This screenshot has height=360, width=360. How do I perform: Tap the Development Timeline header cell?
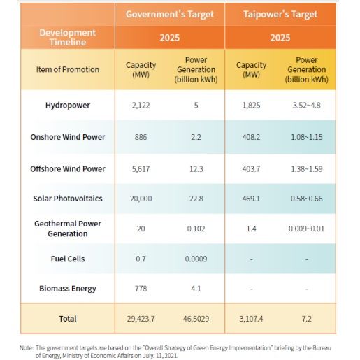pos(68,37)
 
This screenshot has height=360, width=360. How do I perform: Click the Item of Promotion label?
pos(68,69)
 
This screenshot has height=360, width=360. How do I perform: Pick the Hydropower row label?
pos(68,106)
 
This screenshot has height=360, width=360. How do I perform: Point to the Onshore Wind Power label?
pos(68,137)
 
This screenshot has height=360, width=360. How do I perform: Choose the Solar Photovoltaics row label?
pos(68,199)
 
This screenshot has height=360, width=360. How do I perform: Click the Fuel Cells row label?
pos(68,259)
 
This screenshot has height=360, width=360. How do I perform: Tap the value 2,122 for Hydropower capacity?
pos(141,106)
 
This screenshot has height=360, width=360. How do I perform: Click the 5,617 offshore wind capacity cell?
pos(141,168)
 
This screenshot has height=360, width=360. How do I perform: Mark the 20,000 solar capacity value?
pos(141,199)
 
